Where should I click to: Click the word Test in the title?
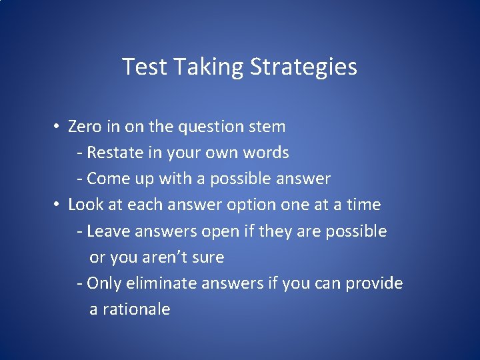pyautogui.click(x=141, y=67)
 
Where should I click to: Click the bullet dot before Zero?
pyautogui.click(x=59, y=127)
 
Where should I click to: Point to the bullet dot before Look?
pyautogui.click(x=59, y=205)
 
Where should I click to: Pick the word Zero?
pyautogui.click(x=85, y=127)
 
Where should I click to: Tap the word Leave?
pyautogui.click(x=109, y=231)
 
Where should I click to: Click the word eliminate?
pyautogui.click(x=152, y=283)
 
